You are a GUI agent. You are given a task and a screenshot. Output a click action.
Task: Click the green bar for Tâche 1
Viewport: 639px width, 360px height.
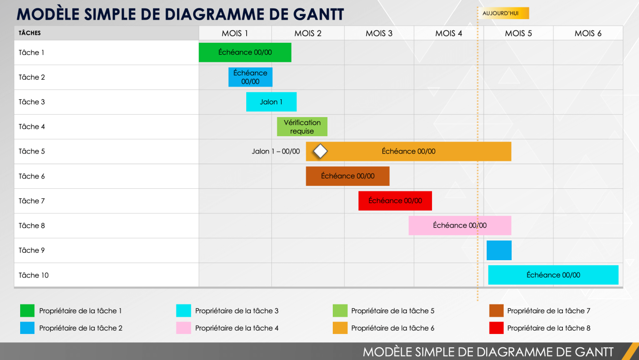click(245, 53)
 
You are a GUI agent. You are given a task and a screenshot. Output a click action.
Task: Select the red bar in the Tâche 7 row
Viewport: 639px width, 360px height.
click(395, 201)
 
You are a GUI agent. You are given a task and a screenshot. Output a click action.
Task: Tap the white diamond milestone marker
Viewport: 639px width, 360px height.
click(320, 151)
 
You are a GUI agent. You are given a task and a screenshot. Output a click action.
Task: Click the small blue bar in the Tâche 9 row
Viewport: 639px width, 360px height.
click(499, 250)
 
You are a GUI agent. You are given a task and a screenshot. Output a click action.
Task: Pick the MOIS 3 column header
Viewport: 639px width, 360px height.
click(379, 33)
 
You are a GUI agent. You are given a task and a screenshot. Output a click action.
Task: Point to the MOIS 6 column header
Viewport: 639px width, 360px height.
click(588, 33)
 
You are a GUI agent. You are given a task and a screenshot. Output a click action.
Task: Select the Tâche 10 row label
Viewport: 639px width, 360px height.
click(34, 275)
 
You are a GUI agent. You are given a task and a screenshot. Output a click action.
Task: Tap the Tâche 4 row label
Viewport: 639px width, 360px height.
click(32, 127)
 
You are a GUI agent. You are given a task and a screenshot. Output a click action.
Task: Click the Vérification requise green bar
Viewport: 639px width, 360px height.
click(302, 127)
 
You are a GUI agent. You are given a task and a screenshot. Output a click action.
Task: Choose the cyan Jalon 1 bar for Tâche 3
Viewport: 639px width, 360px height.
click(271, 102)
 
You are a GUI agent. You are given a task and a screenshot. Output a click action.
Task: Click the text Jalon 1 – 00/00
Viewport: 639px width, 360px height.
click(276, 151)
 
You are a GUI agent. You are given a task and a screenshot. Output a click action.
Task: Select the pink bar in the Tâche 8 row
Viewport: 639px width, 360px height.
click(460, 225)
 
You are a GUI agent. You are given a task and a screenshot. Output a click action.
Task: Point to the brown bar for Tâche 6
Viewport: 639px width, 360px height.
click(348, 176)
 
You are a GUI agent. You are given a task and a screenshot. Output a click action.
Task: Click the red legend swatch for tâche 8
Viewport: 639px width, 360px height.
click(496, 328)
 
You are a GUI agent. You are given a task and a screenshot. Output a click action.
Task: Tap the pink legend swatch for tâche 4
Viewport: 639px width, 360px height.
click(183, 328)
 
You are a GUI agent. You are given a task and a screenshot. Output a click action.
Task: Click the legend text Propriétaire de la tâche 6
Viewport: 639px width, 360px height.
click(393, 328)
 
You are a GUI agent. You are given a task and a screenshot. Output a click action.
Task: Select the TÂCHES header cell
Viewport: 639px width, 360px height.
click(30, 33)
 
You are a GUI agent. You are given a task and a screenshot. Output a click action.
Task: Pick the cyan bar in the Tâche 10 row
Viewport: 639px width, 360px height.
click(553, 275)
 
